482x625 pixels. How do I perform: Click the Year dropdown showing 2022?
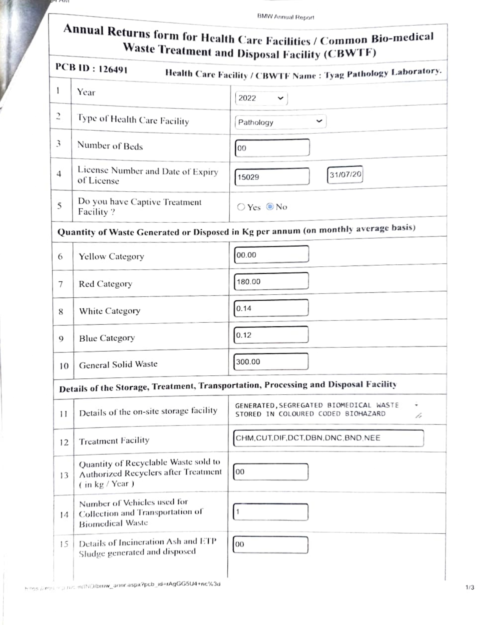coord(261,98)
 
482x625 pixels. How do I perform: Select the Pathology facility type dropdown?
coord(280,122)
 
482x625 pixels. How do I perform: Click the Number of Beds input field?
coord(272,148)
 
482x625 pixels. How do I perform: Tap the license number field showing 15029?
coord(272,177)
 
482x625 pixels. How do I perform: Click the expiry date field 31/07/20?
coord(345,175)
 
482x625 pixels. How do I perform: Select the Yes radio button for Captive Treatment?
coord(241,207)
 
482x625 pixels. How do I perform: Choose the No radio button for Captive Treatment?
coord(270,206)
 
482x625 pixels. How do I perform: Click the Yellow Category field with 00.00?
coord(271,255)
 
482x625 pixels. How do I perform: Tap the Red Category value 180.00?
coord(271,281)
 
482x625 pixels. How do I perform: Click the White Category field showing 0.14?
coord(271,308)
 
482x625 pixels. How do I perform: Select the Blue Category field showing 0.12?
coord(271,335)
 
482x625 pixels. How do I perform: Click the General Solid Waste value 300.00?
coord(271,362)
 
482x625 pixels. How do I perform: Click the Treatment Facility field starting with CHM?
coord(328,438)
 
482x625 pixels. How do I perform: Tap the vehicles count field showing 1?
coord(271,512)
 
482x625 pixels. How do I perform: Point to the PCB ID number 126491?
coord(113,69)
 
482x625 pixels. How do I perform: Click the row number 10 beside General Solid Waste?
coord(64,366)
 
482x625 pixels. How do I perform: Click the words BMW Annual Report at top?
coord(285,17)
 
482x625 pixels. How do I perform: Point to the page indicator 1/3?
coord(469,587)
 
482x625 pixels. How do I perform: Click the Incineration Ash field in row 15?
coord(271,545)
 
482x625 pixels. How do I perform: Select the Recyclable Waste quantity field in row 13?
coord(271,472)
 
